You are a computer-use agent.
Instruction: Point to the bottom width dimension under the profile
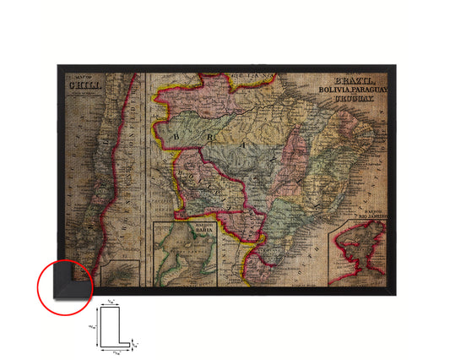pyautogui.click(x=117, y=353)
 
